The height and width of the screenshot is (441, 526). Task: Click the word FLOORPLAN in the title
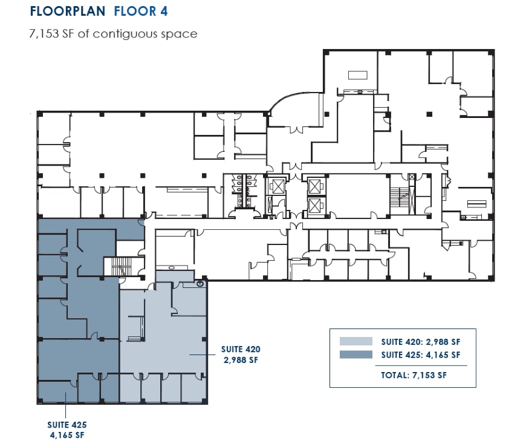[68, 11]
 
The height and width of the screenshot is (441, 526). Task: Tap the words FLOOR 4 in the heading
[141, 11]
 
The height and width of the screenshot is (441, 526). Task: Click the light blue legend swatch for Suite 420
[356, 341]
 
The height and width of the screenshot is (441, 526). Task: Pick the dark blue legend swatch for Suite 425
[356, 355]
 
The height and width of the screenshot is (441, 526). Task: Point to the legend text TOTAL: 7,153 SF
[414, 375]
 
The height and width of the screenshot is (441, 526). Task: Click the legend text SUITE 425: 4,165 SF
[421, 355]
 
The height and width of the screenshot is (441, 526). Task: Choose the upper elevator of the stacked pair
[315, 185]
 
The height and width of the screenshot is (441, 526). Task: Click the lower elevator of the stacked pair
[315, 206]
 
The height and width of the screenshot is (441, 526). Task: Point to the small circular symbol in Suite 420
[199, 283]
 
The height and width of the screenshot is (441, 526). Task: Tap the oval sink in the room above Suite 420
[173, 267]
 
